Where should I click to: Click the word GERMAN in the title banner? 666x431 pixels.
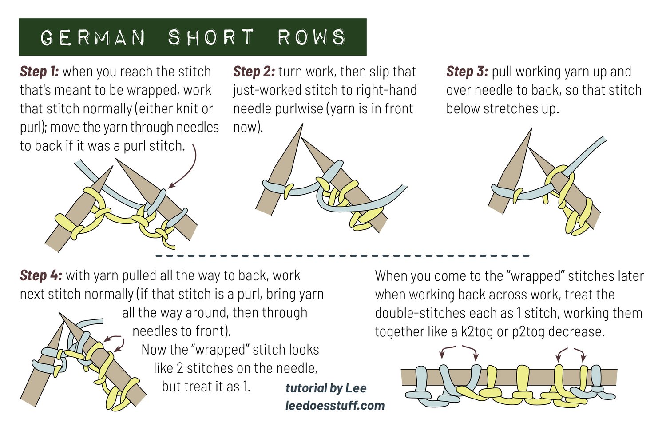(x=93, y=37)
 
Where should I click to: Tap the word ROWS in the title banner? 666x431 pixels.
(x=311, y=37)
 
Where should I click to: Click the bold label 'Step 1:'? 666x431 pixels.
(x=39, y=72)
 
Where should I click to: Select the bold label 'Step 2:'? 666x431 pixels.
(x=254, y=72)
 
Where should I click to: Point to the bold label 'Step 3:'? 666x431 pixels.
(x=467, y=72)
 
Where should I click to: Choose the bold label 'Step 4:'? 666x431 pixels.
(x=41, y=275)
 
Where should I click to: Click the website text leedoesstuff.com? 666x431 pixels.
(x=335, y=405)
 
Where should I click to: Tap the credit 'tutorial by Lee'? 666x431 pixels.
(x=326, y=388)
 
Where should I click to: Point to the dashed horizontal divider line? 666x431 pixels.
(x=342, y=256)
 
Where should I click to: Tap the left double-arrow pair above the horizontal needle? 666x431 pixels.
(x=459, y=351)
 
